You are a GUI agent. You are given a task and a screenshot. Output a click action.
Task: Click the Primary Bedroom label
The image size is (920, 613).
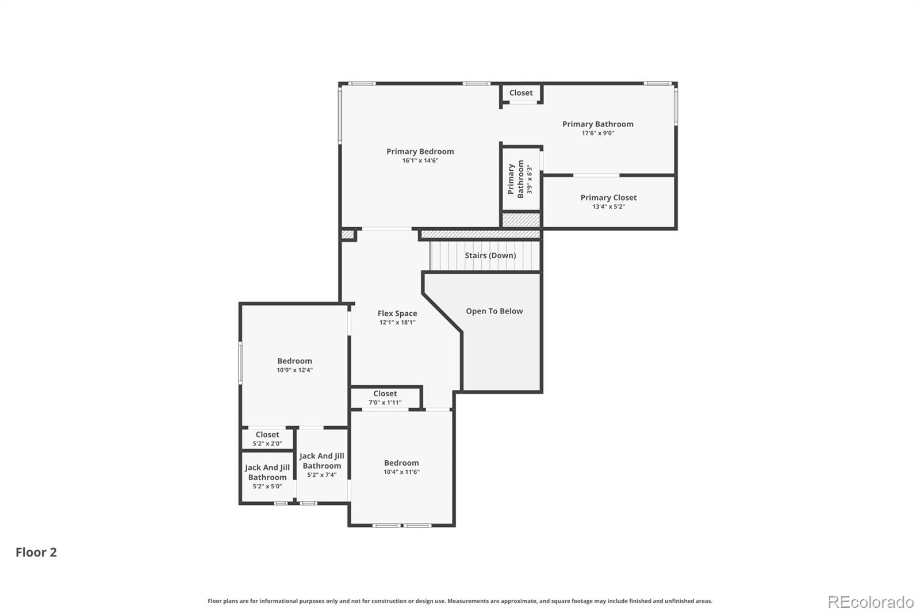[420, 151]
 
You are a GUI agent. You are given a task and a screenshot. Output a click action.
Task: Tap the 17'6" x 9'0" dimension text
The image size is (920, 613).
[597, 133]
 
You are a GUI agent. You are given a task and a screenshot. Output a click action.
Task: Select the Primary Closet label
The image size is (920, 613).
[608, 197]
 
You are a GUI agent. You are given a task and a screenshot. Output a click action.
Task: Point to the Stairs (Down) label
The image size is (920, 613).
[490, 255]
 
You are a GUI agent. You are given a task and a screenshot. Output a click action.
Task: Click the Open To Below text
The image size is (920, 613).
[494, 311]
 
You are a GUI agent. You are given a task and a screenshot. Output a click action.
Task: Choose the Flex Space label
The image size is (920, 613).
[397, 313]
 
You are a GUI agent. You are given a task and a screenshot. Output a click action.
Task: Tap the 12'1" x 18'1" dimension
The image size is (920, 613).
[397, 323]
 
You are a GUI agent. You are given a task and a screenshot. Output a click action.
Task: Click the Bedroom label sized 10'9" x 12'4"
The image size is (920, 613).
[294, 361]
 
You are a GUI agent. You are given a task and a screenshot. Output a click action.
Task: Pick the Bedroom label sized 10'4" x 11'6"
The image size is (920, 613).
[401, 463]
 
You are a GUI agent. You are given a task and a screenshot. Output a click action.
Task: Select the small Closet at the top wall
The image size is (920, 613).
[521, 93]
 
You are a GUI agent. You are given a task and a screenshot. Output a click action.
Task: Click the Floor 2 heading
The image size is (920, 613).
[36, 552]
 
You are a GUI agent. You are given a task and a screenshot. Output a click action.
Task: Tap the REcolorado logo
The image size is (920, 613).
[871, 601]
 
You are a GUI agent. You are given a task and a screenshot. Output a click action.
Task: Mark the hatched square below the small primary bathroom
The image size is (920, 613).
[521, 220]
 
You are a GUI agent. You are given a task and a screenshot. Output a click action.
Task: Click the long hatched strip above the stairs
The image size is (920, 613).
[481, 235]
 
